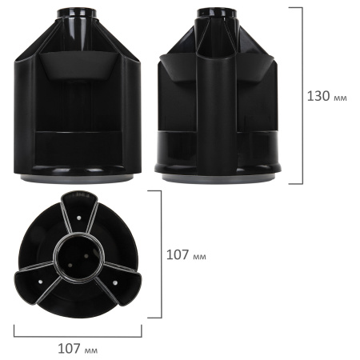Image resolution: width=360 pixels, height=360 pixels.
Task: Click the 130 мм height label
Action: tap(327, 95)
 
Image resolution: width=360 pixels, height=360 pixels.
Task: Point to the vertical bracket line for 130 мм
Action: tap(302, 95)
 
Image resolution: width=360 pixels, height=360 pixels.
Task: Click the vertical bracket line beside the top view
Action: tap(162, 255)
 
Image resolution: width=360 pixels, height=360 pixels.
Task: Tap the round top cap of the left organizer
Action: tap(78, 14)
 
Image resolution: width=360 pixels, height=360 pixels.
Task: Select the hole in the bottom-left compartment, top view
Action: tap(40, 280)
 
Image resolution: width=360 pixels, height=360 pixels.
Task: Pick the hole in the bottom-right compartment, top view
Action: tap(115, 281)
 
